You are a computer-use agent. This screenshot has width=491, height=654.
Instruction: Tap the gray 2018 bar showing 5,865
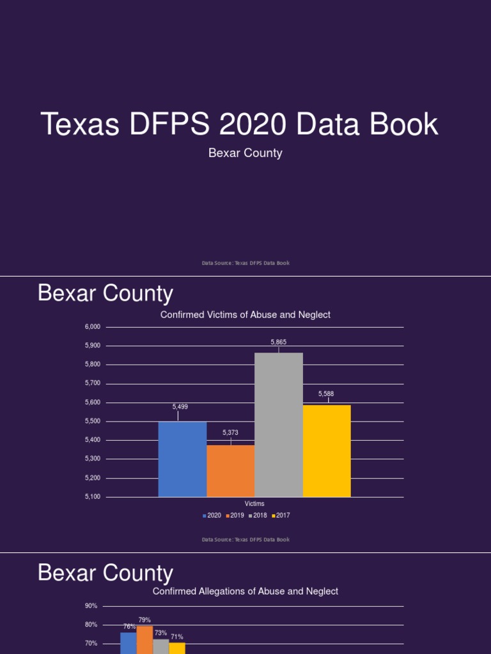coord(279,424)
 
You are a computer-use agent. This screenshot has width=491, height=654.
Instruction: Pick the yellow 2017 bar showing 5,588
coord(327,450)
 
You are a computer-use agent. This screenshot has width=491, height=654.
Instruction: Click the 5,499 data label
coord(180,407)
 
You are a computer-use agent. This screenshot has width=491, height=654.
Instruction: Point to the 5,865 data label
coord(279,342)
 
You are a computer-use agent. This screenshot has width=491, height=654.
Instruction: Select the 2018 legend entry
coord(258,515)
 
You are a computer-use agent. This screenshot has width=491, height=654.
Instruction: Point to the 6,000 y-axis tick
coord(93,327)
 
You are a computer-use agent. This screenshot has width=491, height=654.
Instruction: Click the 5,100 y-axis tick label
coord(93,497)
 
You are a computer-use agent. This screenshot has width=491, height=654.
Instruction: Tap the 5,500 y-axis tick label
coord(93,422)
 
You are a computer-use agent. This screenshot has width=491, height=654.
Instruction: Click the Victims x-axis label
coord(254,504)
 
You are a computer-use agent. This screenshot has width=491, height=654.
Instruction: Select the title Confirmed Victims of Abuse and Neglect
coord(245,315)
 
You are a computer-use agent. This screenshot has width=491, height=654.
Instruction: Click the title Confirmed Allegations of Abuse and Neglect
coord(245,591)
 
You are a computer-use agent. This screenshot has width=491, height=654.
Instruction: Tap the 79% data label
coord(144,620)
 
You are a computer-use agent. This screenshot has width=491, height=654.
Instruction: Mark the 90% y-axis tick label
coord(91,606)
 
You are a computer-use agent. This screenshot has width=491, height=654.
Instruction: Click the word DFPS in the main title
coord(168,125)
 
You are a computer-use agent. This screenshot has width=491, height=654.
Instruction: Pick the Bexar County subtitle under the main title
coord(245,153)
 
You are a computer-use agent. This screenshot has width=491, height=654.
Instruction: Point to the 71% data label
coord(177,637)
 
